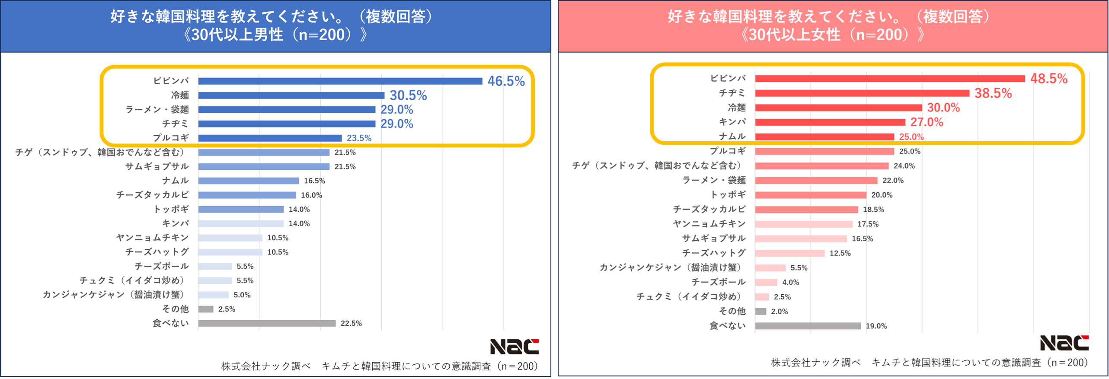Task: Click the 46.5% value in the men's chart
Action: point(505,81)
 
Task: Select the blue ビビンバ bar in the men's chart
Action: point(340,81)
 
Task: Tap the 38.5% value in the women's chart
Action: point(993,93)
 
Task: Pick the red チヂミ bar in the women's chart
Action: point(862,93)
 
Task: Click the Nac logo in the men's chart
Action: point(514,346)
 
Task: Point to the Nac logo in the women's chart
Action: point(1064,343)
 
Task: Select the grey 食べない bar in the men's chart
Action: point(267,323)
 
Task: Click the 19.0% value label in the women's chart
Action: point(876,326)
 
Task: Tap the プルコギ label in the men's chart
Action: point(171,138)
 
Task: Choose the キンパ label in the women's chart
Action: point(732,122)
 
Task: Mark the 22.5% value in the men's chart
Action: point(351,323)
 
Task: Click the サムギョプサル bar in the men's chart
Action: point(264,166)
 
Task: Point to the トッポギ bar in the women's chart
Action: point(810,195)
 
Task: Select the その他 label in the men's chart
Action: point(175,309)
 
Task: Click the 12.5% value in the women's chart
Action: point(840,253)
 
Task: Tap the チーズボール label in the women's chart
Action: point(718,282)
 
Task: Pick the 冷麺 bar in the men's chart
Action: point(291,95)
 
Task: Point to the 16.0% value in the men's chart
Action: point(311,195)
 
